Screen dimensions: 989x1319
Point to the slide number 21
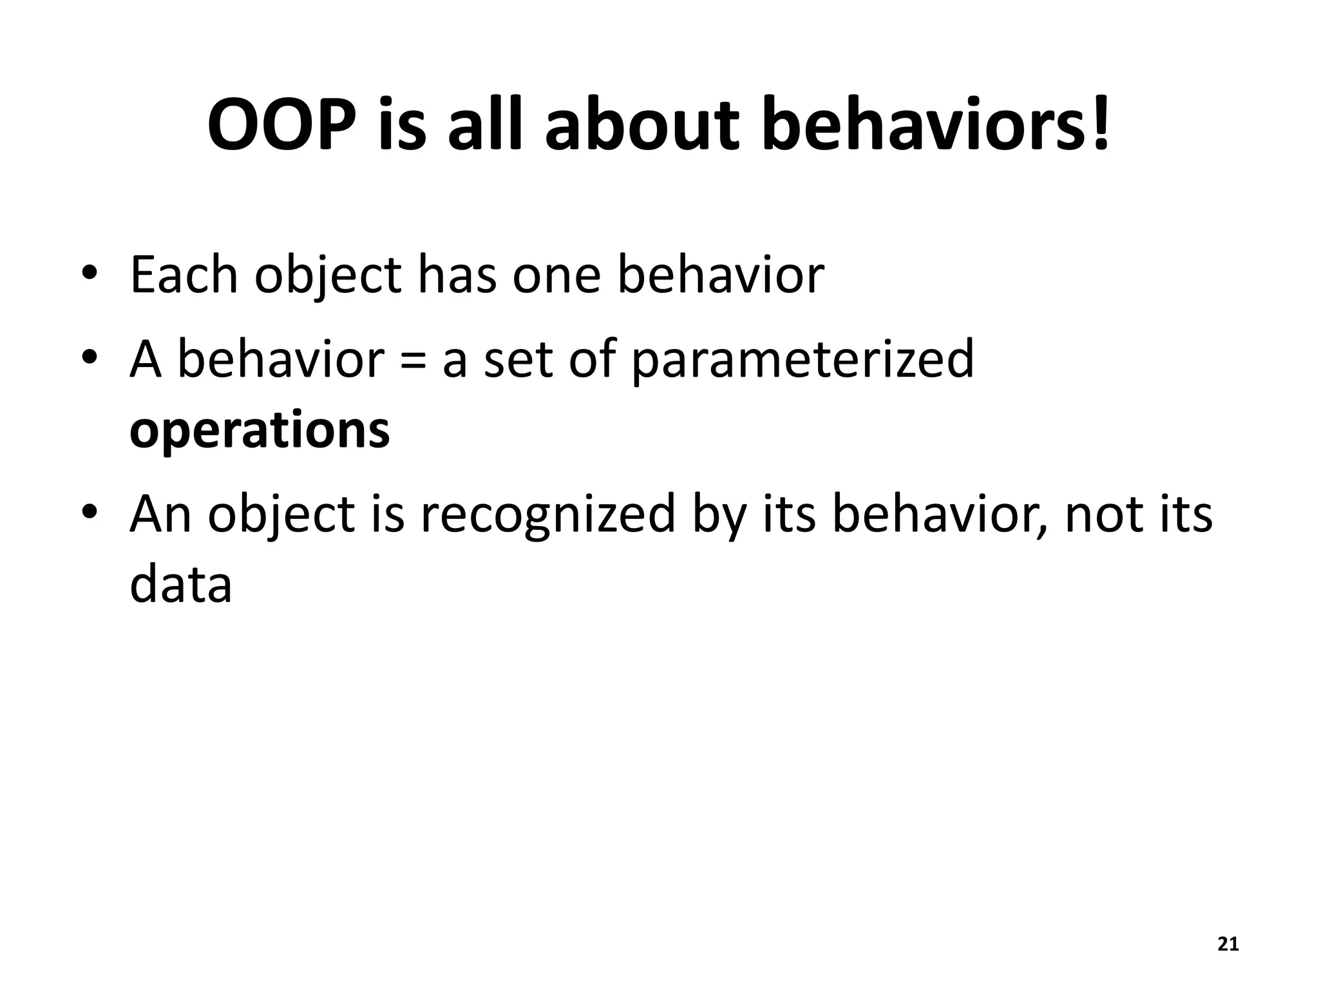pyautogui.click(x=1228, y=945)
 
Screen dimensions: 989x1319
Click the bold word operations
pyautogui.click(x=260, y=430)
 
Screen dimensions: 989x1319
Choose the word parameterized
pyautogui.click(x=802, y=361)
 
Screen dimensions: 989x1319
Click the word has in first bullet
pyautogui.click(x=457, y=275)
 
